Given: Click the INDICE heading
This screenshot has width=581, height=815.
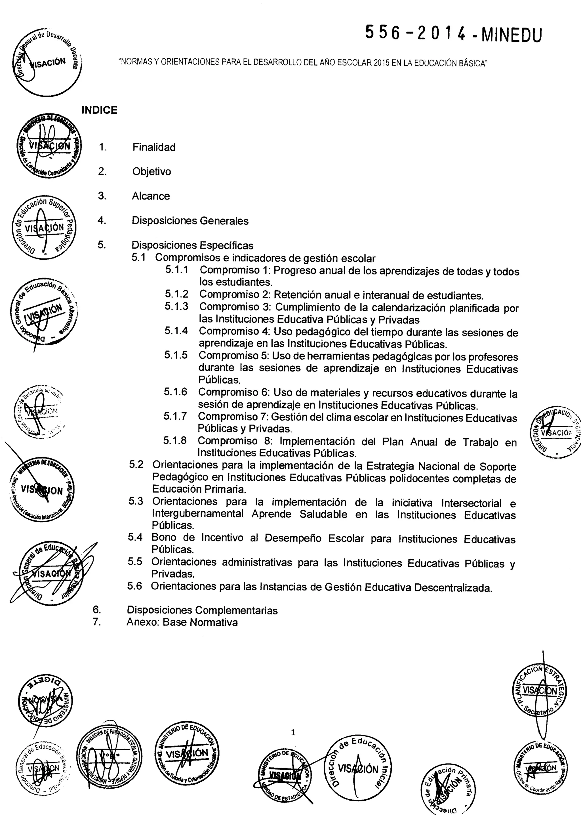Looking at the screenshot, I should (100, 110).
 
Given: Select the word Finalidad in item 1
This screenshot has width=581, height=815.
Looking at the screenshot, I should (154, 147).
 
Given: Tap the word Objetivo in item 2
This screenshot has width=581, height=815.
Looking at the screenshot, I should (152, 172).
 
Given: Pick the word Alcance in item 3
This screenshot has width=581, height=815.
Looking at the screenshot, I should (151, 196).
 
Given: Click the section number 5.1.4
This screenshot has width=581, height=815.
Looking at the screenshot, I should (176, 331).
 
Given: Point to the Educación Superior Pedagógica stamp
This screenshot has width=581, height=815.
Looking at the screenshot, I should (44, 228).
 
